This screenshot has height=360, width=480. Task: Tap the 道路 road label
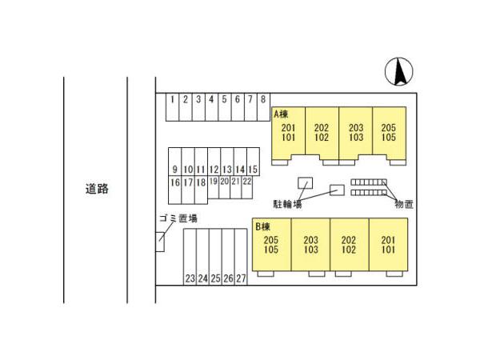click(96, 190)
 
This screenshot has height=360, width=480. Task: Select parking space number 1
click(172, 100)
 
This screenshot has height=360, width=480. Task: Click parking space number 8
click(262, 100)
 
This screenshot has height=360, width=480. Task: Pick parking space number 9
click(174, 170)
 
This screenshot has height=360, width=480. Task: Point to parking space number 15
click(252, 170)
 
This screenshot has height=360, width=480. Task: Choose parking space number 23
click(190, 278)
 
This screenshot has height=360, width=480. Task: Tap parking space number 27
click(241, 278)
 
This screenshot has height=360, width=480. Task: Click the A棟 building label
click(281, 114)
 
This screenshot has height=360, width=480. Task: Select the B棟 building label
click(263, 227)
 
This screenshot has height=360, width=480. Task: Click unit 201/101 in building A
click(289, 133)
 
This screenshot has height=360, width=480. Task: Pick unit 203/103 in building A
click(355, 133)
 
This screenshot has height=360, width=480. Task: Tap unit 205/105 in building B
click(271, 246)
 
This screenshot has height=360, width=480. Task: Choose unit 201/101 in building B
click(388, 246)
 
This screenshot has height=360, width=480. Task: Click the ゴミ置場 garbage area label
click(178, 218)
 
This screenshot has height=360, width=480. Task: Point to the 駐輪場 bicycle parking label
click(286, 205)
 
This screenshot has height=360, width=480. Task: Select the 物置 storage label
click(403, 205)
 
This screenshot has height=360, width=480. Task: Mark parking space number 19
click(214, 182)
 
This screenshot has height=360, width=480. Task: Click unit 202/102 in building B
click(349, 246)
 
